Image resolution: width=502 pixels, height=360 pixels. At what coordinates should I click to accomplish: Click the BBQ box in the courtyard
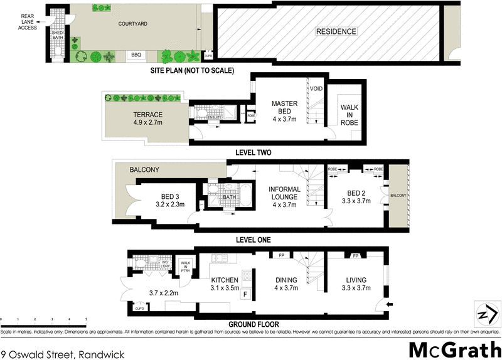point(136,55)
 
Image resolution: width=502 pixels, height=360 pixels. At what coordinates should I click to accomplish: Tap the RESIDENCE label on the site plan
point(336,31)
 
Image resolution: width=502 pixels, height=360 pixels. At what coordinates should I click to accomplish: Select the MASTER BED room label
point(284,107)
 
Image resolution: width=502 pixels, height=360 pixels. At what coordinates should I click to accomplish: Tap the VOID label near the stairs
point(316,89)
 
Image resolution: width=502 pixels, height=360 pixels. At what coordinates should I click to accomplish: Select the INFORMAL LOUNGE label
point(284,197)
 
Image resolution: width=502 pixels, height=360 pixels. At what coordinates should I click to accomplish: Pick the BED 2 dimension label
point(355,202)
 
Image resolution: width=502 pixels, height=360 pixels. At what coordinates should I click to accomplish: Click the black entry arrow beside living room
point(390,304)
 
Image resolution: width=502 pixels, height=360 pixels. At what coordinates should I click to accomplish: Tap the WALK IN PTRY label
point(185,267)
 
